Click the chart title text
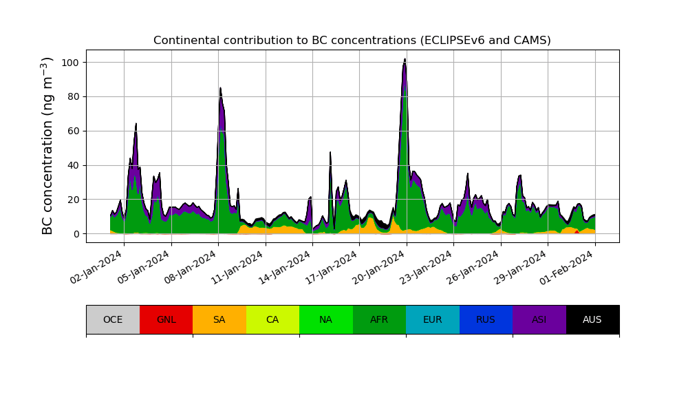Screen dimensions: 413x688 (352, 41)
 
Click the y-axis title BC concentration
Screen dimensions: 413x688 (47, 145)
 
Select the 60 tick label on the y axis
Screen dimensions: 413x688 (72, 131)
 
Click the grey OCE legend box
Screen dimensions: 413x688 (113, 319)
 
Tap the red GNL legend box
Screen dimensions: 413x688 (166, 319)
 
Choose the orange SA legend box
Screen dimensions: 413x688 (219, 319)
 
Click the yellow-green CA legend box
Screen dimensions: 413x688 (272, 319)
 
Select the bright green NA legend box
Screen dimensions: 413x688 (326, 319)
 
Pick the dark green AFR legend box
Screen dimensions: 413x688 (379, 319)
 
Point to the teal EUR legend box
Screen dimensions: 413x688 (433, 319)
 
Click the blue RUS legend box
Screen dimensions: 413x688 (486, 319)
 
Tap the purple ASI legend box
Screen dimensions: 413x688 (539, 319)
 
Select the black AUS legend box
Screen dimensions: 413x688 (592, 319)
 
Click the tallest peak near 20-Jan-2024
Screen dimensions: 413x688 (405, 60)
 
